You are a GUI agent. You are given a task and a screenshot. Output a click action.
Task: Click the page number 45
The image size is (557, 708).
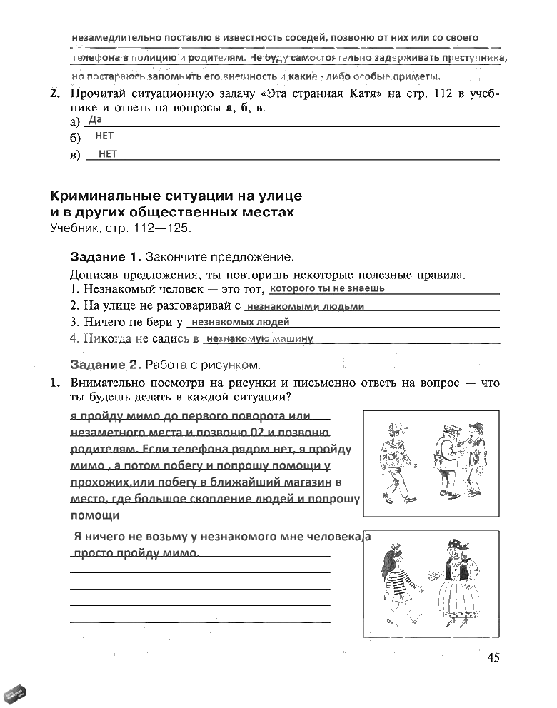tap(493, 657)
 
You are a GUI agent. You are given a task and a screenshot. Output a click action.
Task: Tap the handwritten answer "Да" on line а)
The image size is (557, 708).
tap(96, 120)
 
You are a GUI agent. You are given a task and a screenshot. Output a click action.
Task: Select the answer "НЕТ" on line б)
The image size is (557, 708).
tap(104, 136)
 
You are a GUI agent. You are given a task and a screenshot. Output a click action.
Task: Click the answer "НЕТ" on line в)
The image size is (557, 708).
tap(107, 153)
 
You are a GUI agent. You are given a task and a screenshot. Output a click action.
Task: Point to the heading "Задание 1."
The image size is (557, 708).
tap(106, 256)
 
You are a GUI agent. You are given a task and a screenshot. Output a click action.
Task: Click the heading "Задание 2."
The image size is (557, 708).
tap(106, 364)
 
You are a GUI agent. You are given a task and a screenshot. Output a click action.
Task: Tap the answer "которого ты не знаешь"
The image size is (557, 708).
tap(328, 289)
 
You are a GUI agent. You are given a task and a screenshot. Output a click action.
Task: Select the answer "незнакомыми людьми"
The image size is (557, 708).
tap(305, 307)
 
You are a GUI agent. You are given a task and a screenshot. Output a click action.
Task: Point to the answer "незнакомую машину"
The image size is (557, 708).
tap(260, 339)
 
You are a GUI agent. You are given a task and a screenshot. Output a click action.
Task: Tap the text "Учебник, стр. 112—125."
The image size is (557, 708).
tap(121, 228)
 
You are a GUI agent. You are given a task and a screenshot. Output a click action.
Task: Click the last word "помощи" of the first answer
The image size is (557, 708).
tap(94, 515)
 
